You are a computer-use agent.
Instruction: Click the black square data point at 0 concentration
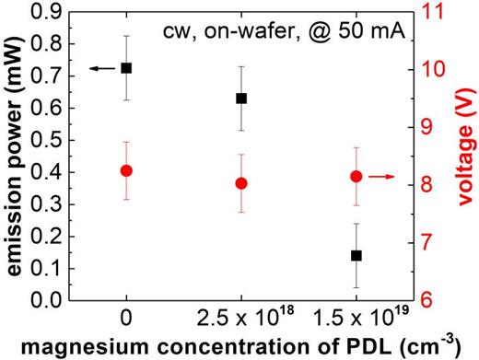click(x=127, y=68)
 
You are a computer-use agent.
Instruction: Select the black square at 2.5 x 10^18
click(x=241, y=99)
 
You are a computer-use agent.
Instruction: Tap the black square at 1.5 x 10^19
click(x=356, y=255)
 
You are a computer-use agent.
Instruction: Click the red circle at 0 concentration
click(x=127, y=170)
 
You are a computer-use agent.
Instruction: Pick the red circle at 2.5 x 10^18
click(x=241, y=183)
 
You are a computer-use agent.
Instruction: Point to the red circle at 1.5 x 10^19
click(x=356, y=177)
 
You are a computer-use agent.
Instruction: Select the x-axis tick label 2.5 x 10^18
click(x=241, y=319)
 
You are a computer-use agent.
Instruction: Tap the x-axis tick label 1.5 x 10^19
click(x=356, y=319)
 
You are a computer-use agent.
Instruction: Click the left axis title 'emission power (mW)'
click(x=13, y=152)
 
